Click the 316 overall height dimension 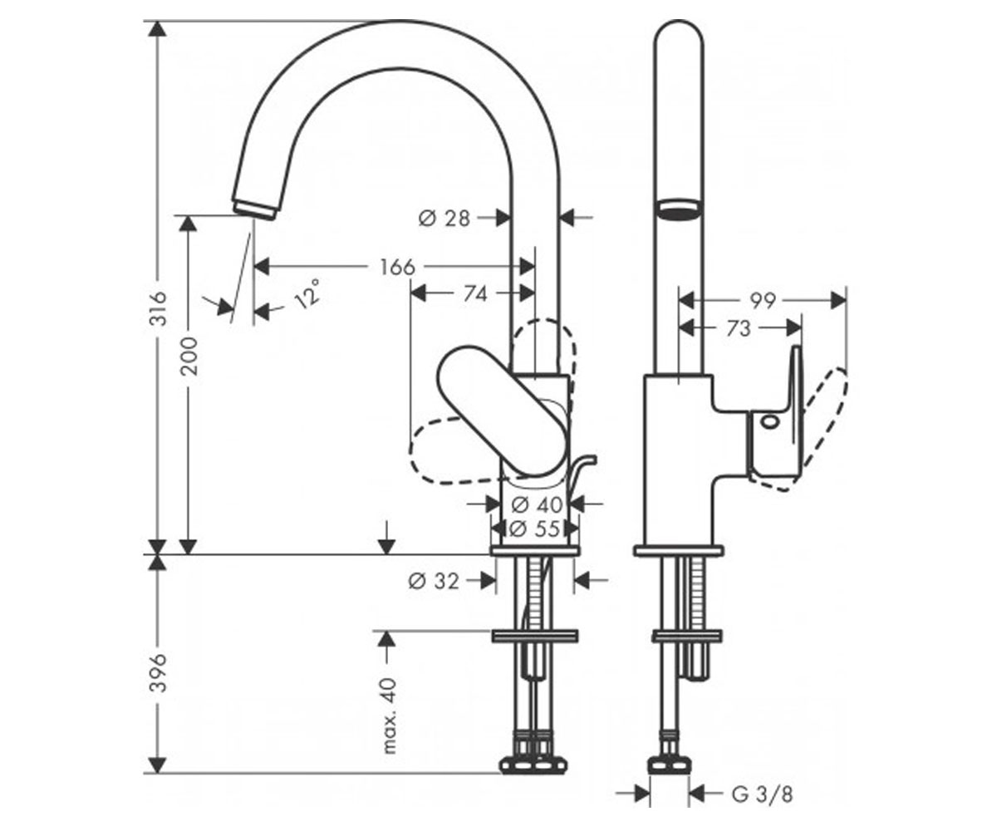158,308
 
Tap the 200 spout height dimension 189,356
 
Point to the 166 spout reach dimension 397,267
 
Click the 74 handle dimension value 475,294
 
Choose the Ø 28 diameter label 444,219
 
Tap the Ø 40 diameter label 538,504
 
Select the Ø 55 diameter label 534,529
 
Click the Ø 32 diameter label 434,581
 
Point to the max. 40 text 390,715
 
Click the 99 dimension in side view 763,301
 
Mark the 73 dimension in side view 739,328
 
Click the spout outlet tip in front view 254,209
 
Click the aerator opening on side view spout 679,209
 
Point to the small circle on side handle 769,422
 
